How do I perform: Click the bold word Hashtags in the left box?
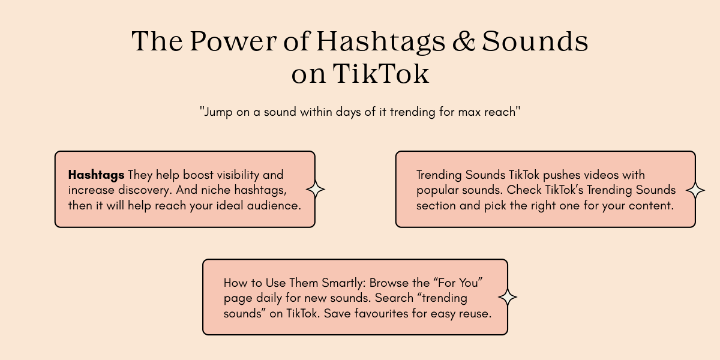tap(96, 175)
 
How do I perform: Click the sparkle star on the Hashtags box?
tap(316, 190)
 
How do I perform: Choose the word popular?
tap(438, 190)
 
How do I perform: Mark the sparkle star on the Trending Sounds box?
tap(695, 190)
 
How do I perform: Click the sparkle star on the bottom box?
tap(508, 297)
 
